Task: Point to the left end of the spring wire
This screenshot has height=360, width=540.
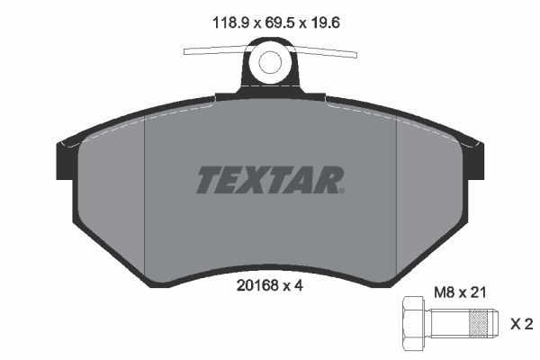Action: [186, 51]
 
